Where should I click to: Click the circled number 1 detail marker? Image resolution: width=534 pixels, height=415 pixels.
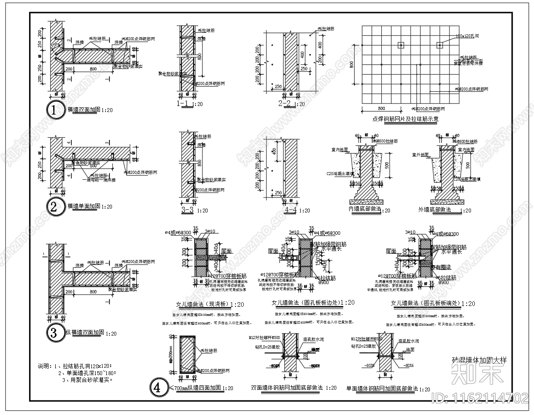[54, 110]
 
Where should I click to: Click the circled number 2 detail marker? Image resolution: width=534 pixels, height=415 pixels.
[54, 207]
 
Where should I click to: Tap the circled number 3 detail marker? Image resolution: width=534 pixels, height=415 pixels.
[54, 333]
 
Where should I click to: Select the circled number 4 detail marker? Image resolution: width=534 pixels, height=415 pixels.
[157, 388]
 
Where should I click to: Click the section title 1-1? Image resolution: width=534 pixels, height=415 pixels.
[184, 104]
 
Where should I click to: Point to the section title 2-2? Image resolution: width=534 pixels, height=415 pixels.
[285, 104]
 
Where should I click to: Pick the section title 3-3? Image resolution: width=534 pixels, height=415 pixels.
[188, 210]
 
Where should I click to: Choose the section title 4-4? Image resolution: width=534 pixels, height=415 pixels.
[290, 210]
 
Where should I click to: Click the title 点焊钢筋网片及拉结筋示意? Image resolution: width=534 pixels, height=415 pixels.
[405, 119]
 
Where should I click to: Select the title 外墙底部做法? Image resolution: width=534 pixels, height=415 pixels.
[434, 210]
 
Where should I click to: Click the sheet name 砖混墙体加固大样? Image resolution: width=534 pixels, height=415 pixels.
[479, 360]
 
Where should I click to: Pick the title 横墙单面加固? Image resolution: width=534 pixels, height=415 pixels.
[84, 206]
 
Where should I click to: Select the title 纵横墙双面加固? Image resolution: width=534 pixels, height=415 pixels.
[84, 333]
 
